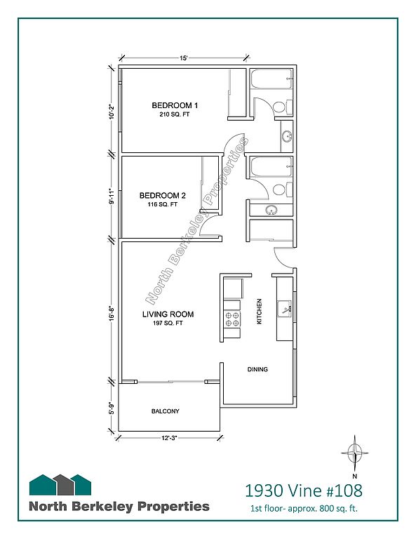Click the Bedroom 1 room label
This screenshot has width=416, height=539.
(175, 105)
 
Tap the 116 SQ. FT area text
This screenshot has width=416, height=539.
(163, 204)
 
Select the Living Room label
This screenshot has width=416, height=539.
(168, 314)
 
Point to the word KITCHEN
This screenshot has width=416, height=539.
(260, 311)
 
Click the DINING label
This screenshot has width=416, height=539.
(257, 370)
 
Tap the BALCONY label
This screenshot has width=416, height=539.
(166, 411)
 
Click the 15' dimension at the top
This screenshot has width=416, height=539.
(184, 58)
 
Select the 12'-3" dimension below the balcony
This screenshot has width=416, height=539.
(169, 438)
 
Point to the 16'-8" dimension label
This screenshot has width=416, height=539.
(112, 313)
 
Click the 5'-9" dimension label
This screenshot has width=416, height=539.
(112, 407)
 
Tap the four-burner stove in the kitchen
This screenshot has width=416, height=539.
(232, 319)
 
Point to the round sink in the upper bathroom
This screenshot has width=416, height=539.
(286, 136)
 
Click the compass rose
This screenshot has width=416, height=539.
(355, 453)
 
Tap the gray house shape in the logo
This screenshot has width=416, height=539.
(64, 484)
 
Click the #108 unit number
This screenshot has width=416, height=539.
(344, 491)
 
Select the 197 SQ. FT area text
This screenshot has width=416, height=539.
(168, 323)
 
